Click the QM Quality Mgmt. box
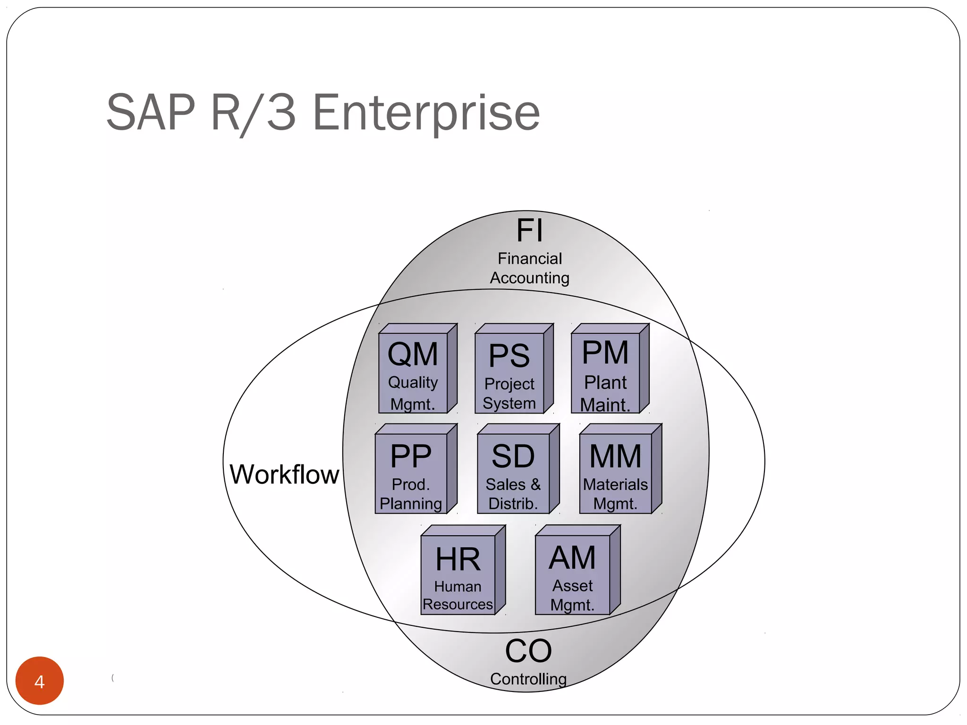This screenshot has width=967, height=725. [413, 373]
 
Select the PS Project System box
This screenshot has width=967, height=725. [509, 373]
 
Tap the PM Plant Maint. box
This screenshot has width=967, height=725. [606, 373]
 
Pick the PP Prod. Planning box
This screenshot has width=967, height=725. [411, 473]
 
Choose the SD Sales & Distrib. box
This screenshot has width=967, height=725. [514, 473]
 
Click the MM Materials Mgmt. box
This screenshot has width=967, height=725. [616, 473]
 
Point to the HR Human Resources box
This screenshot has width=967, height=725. [458, 574]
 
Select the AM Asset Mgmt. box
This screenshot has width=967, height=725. [573, 574]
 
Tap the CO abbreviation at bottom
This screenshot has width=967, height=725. [528, 651]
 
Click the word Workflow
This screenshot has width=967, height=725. [284, 474]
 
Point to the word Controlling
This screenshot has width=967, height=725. [528, 679]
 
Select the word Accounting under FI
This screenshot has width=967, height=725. [529, 278]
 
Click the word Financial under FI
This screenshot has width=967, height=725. [530, 259]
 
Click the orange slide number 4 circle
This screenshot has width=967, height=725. [40, 681]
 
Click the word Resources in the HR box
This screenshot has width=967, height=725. [458, 604]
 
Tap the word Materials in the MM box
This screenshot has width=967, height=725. [615, 484]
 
